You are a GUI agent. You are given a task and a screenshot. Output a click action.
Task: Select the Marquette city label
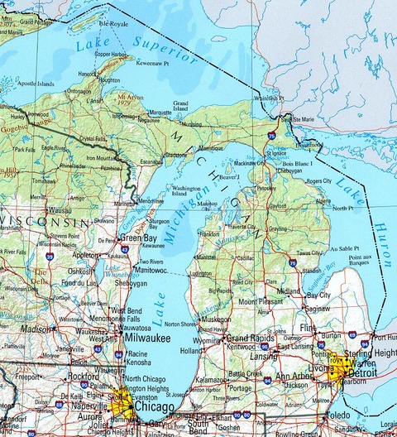[160, 112]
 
